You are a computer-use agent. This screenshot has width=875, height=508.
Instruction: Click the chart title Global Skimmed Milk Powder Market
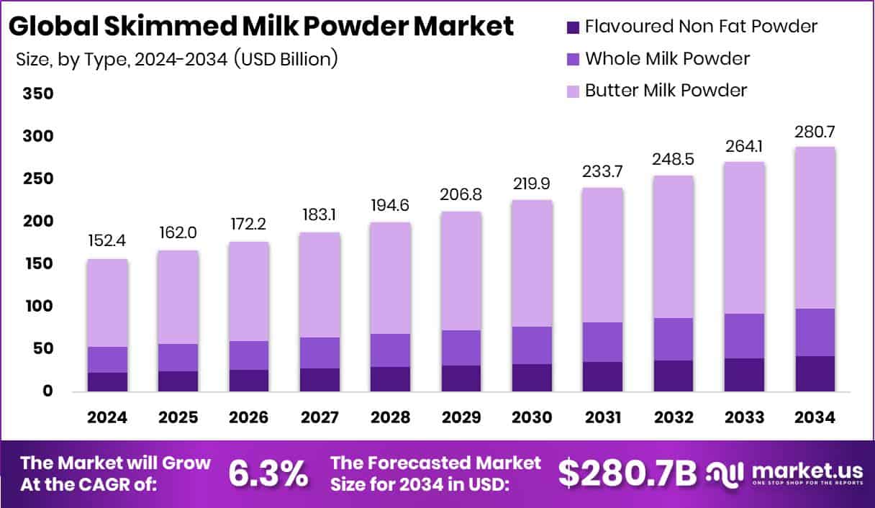click(x=260, y=27)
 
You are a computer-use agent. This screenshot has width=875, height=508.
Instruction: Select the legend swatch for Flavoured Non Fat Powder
click(x=572, y=27)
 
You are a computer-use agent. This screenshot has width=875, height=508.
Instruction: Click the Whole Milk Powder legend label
click(x=667, y=58)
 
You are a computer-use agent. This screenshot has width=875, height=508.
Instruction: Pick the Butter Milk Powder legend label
click(x=666, y=90)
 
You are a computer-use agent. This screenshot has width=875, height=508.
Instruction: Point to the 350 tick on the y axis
click(x=37, y=94)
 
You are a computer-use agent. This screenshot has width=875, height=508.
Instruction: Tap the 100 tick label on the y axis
click(x=37, y=307)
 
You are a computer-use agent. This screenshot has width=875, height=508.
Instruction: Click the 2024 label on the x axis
click(x=107, y=418)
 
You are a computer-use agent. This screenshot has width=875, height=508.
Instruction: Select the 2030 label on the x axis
click(x=531, y=418)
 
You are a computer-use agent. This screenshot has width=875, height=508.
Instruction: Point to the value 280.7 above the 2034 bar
click(x=815, y=132)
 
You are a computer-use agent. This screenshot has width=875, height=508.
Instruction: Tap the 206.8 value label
click(x=461, y=195)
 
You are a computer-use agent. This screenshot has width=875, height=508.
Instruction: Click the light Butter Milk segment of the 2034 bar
click(x=815, y=227)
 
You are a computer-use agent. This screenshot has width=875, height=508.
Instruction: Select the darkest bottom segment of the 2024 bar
click(x=107, y=382)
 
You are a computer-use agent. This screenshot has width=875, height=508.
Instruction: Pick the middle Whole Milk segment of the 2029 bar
click(x=461, y=348)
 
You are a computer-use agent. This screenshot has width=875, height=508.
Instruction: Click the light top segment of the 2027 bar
click(x=319, y=285)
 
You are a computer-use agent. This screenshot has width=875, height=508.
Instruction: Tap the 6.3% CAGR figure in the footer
click(x=268, y=473)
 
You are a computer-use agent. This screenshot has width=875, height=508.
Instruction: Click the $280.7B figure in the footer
click(x=628, y=473)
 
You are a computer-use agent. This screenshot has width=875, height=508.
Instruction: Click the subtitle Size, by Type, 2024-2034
click(x=176, y=59)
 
